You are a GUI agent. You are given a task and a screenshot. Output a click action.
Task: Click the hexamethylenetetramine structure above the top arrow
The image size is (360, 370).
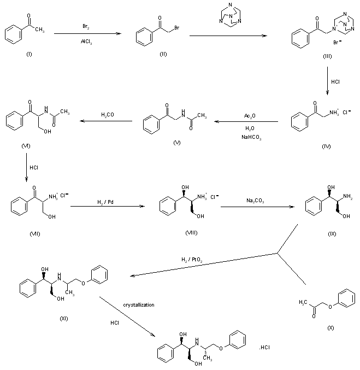point(225,16)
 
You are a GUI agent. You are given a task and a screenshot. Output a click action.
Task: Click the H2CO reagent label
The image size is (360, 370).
point(107,115)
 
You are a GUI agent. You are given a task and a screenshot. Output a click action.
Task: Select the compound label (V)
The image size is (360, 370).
point(175,142)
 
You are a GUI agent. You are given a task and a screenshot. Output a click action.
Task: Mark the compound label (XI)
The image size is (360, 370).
point(63,319)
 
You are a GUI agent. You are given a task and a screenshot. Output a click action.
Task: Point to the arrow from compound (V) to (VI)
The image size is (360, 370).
point(107,122)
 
